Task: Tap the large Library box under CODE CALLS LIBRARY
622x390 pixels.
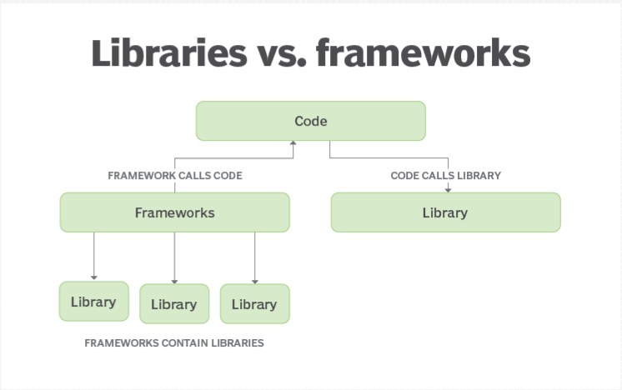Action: pyautogui.click(x=445, y=212)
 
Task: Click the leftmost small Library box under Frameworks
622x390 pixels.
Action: pyautogui.click(x=93, y=302)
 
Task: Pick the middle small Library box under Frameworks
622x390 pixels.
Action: pyautogui.click(x=173, y=304)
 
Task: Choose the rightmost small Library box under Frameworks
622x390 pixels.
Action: pyautogui.click(x=254, y=304)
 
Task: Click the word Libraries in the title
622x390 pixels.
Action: pyautogui.click(x=170, y=52)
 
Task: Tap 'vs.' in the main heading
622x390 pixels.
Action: pyautogui.click(x=291, y=52)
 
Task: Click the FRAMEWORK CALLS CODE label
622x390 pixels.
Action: pyautogui.click(x=175, y=177)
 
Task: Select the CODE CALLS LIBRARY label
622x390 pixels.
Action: pyautogui.click(x=445, y=177)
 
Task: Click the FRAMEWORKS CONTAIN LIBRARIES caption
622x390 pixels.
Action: pyautogui.click(x=173, y=343)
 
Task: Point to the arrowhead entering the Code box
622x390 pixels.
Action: pyautogui.click(x=293, y=144)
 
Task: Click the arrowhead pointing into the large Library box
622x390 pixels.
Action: pyautogui.click(x=449, y=188)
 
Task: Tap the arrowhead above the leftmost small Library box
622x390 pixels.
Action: pyautogui.click(x=93, y=277)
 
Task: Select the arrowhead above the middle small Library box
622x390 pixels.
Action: pyautogui.click(x=173, y=280)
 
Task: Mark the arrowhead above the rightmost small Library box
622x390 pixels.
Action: pyautogui.click(x=254, y=280)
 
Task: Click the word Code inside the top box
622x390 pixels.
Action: pyautogui.click(x=310, y=122)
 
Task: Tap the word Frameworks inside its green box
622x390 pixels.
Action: pyautogui.click(x=174, y=212)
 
